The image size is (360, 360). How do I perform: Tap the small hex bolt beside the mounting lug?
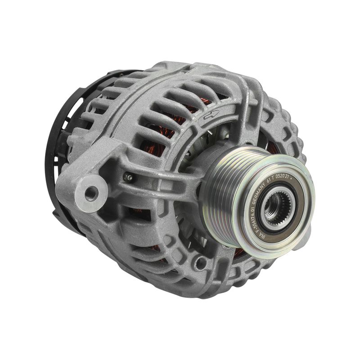(x=129, y=177)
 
